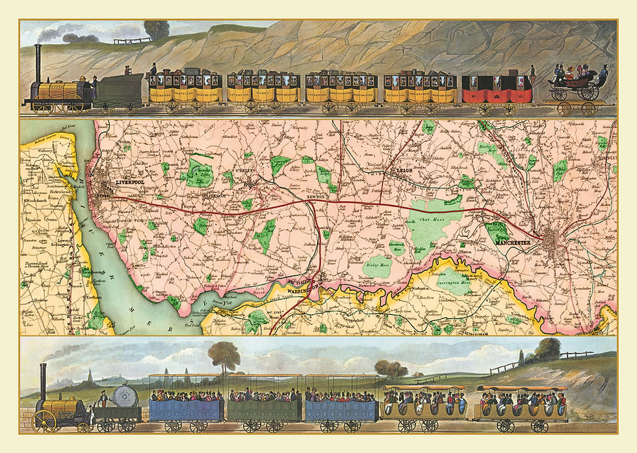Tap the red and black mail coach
coord(497,89)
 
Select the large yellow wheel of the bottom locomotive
coord(44,421)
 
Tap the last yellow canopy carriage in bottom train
coord(520,405)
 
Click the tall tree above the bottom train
coord(225,354)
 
